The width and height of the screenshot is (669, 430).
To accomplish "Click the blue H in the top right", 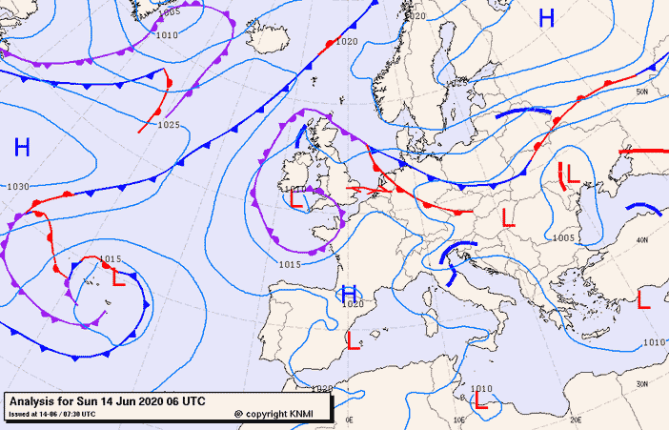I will click(546, 18).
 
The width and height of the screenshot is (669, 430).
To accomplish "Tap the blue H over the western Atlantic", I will click(22, 147).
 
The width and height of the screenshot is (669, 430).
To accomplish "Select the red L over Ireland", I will click(297, 202).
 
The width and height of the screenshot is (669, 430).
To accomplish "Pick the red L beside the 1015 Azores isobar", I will click(119, 279).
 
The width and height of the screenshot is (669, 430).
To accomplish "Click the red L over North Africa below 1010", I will click(481, 403).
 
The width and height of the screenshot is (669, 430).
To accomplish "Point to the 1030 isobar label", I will click(17, 187).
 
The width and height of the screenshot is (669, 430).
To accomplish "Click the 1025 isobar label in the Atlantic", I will click(169, 125).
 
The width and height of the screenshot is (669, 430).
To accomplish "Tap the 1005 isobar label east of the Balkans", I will click(562, 238).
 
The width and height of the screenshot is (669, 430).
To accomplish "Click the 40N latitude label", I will click(642, 240).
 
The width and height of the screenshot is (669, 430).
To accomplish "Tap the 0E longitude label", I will click(349, 419).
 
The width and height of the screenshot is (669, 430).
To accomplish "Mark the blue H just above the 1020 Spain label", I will click(349, 294).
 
